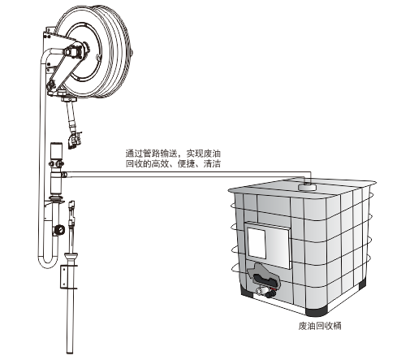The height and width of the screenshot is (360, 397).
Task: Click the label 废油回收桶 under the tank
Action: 320,325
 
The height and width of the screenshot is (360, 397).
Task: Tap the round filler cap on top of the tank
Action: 308,186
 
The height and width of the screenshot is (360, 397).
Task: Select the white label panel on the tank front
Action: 257,243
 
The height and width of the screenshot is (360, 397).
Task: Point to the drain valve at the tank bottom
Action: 265,292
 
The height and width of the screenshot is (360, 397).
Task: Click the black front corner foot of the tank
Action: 316,310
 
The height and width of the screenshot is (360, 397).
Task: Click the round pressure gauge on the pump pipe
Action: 59,230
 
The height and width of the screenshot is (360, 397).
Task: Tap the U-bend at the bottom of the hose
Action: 48,262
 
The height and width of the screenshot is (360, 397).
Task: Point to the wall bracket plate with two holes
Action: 64,276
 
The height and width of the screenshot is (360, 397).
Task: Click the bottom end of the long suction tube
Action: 70,352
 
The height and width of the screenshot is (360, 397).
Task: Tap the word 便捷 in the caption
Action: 186,163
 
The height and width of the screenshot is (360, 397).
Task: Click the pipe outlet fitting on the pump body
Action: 64,175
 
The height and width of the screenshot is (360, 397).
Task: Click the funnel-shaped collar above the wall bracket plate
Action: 71,256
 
